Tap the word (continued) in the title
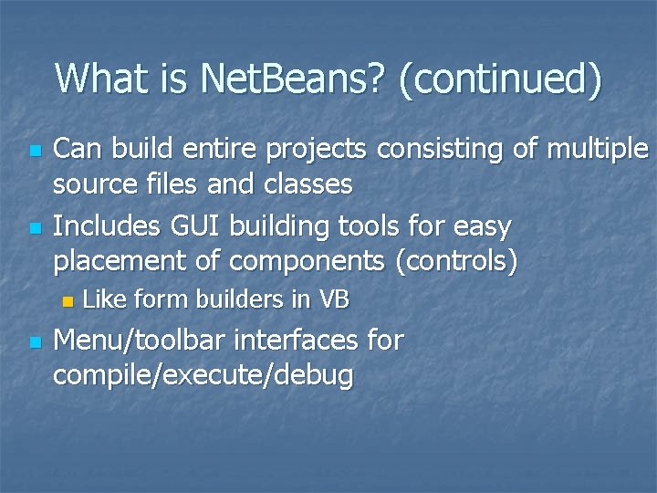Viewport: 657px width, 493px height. (500, 80)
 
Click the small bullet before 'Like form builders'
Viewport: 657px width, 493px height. (66, 300)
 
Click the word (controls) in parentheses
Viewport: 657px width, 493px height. (456, 262)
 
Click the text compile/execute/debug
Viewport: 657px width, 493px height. (203, 377)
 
